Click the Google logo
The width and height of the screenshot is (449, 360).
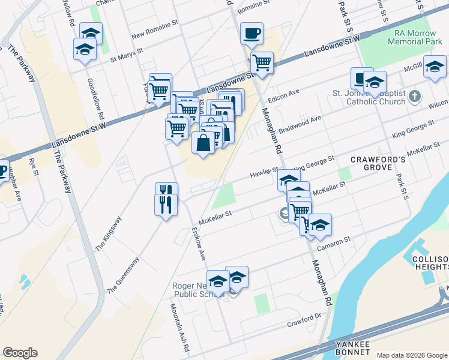pos(20,353)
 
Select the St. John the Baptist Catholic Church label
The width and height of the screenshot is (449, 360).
pos(369,98)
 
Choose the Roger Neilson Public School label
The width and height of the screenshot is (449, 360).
pos(198,290)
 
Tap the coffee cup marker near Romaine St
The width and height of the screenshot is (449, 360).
pos(252,34)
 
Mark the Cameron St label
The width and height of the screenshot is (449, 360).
pos(334,243)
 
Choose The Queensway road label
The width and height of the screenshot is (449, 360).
pos(124,275)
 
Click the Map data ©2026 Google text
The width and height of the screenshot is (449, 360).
pos(412,355)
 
